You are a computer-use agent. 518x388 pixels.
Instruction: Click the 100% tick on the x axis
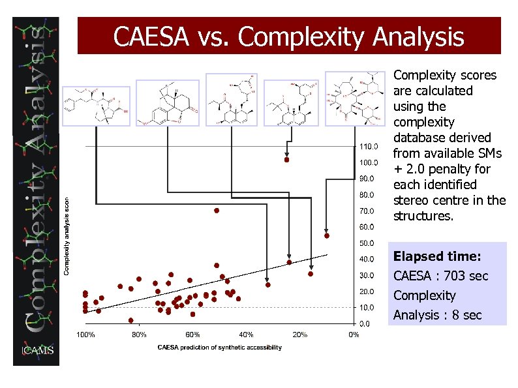click(x=86, y=335)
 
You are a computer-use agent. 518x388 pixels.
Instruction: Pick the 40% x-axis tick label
click(x=246, y=335)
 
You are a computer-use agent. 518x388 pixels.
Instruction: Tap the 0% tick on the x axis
click(x=353, y=335)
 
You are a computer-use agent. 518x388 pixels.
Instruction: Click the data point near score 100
click(x=286, y=160)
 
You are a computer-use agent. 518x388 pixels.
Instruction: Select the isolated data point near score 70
click(x=217, y=211)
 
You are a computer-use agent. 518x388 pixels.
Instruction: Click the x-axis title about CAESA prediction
click(x=220, y=348)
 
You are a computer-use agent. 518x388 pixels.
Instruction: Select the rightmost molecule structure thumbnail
click(x=356, y=98)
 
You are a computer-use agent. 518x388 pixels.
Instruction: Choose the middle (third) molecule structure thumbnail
click(x=232, y=99)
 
